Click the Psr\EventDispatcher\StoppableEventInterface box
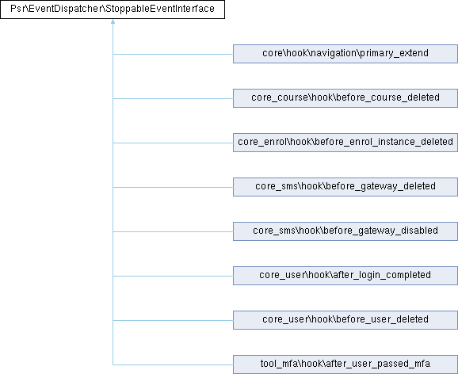coord(113,10)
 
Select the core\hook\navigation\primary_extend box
coord(345,54)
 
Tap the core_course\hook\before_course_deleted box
coord(345,98)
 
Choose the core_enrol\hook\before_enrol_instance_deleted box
coord(345,143)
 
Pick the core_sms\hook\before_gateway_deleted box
coord(345,187)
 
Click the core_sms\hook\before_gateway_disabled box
coord(345,231)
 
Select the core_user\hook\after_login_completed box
coord(345,276)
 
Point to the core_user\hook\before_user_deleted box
coord(345,320)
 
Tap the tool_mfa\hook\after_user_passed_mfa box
coord(345,364)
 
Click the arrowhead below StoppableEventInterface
coord(113,21)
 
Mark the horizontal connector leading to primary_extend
coord(173,54)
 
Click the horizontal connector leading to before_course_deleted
coord(173,98)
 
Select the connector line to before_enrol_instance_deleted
coord(173,143)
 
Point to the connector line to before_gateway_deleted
coord(173,187)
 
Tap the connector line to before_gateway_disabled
coord(173,231)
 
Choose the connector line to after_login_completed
coord(173,276)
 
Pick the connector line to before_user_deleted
coord(173,321)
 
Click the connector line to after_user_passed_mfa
coord(173,365)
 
